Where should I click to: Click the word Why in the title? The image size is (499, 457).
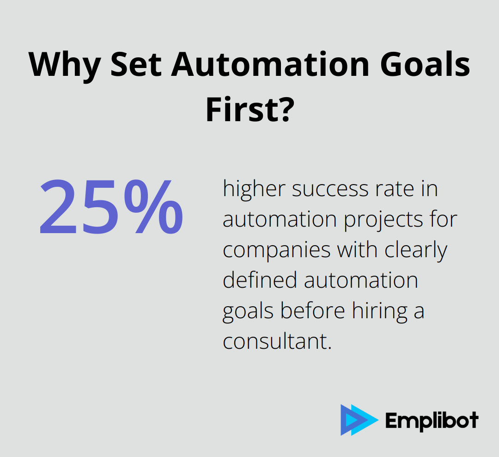point(65,65)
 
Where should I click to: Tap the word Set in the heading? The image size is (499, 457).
point(136,65)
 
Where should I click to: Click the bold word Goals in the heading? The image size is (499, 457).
point(425,65)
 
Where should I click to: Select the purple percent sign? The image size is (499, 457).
point(153,207)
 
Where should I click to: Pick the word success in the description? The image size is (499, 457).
point(330,189)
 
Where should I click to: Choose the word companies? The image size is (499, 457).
point(277,251)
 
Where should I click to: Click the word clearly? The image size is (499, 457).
point(416,251)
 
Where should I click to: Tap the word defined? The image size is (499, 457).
point(260,280)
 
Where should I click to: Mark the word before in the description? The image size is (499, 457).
point(312,311)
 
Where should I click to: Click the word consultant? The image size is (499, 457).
point(277,341)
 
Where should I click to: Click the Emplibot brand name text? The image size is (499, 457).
point(432,420)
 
